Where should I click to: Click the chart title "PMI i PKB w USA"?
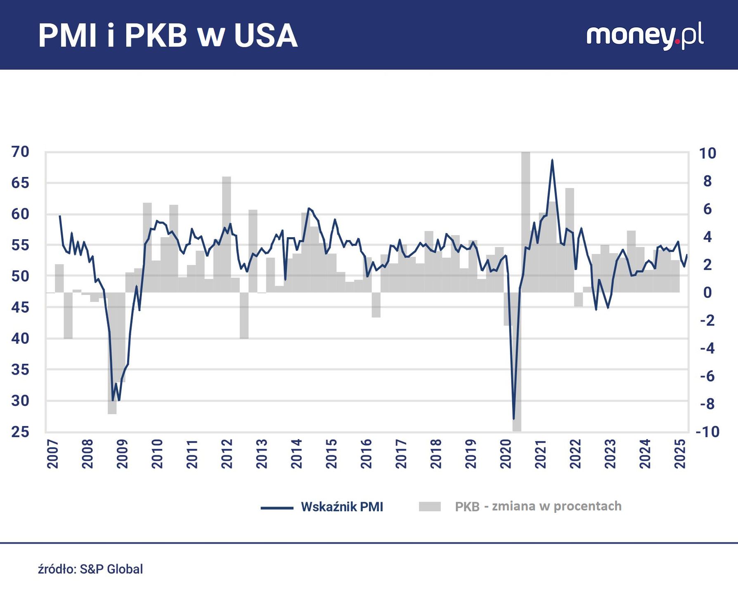coord(168,36)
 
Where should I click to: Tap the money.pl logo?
coord(645,37)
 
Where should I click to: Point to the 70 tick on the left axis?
coord(21,152)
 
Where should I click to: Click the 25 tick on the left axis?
coord(21,432)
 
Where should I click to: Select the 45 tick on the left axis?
coord(21,307)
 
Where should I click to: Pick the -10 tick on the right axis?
coord(707,432)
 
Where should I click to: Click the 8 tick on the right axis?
coord(707,181)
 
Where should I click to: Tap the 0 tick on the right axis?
coord(707,292)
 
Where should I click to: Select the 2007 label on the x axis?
coord(53,454)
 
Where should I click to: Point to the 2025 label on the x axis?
coord(680,454)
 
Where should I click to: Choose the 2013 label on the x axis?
coord(262,454)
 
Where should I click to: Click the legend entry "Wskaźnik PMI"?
coord(342,507)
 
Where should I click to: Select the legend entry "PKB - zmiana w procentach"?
coord(538,507)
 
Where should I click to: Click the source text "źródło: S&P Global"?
coord(90,569)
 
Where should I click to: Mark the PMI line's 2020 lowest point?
coord(514,419)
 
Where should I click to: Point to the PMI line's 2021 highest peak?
coord(552,160)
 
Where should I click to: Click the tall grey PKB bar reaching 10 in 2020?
coord(526,223)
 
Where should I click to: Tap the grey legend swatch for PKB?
coord(430,507)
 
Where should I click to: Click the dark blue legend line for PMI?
coord(277,508)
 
